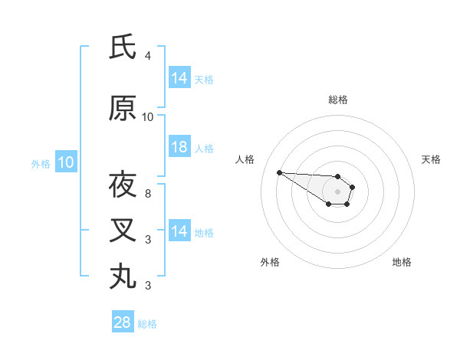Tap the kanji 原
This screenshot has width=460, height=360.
click(123, 109)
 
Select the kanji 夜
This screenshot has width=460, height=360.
click(123, 185)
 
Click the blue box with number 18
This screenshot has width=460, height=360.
click(179, 148)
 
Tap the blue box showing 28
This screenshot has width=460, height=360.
click(123, 322)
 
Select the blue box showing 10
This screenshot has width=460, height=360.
click(65, 162)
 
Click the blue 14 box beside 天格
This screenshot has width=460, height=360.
click(179, 78)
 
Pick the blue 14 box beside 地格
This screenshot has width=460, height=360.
click(179, 232)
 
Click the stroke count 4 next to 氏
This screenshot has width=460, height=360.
click(148, 56)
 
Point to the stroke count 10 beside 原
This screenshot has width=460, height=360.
click(148, 117)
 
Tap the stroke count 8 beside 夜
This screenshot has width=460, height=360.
click(148, 194)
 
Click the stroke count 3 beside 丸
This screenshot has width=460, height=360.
click(148, 285)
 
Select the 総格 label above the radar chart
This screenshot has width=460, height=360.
click(338, 100)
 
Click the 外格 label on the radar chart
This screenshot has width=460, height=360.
click(270, 262)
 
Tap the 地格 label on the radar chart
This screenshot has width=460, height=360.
click(402, 262)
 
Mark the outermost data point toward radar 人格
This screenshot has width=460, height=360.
click(279, 172)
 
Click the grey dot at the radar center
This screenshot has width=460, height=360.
click(338, 191)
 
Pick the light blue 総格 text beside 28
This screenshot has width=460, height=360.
click(147, 323)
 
